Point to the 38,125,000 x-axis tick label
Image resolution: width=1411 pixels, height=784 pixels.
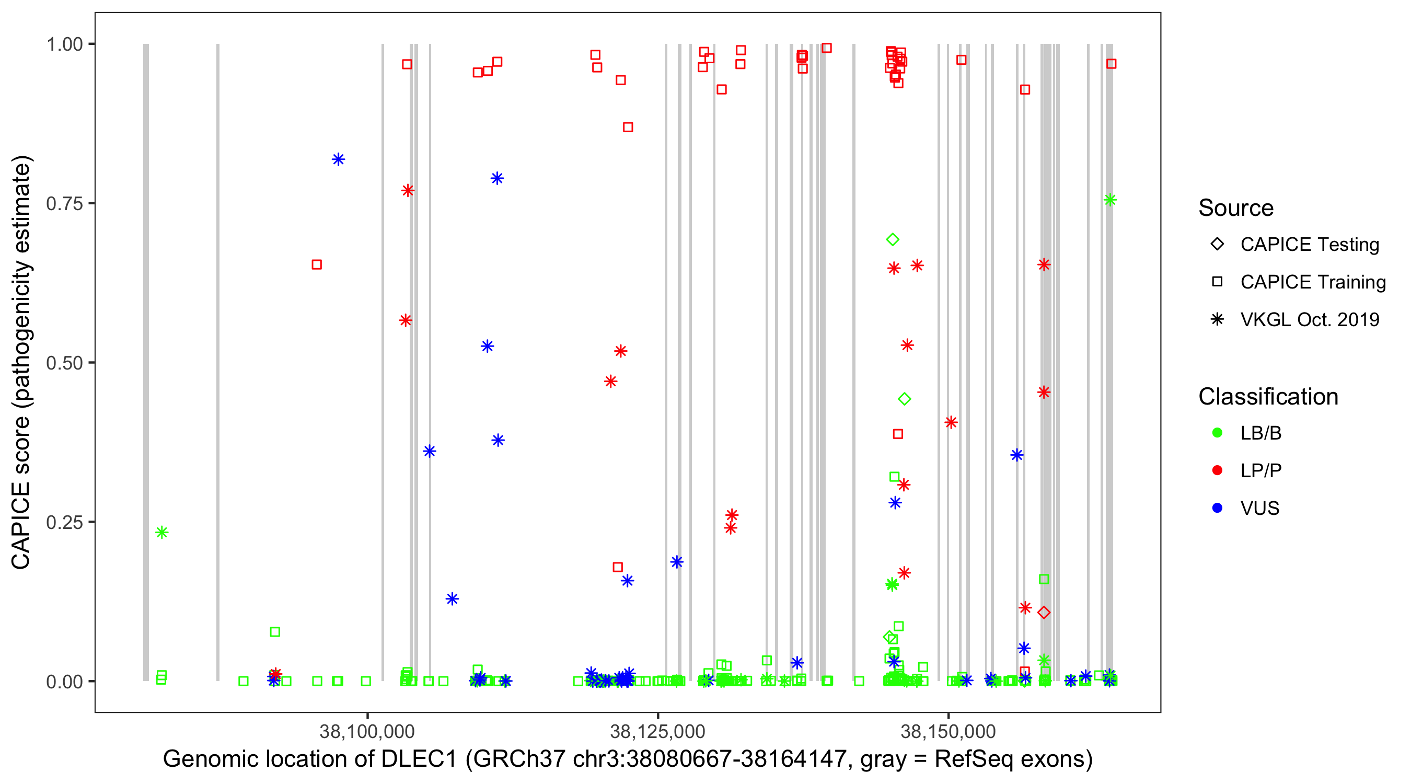[x=657, y=731]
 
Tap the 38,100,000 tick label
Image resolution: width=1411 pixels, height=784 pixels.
[x=367, y=731]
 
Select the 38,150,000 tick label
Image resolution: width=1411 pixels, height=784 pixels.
[x=948, y=731]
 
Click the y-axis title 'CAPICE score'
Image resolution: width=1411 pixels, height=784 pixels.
[x=22, y=362]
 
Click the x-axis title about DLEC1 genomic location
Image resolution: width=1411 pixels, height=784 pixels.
[x=628, y=759]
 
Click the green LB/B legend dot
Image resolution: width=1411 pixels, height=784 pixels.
[x=1217, y=433]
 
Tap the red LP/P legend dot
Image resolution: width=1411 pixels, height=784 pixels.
[x=1217, y=470]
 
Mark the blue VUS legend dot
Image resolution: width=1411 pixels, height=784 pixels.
[x=1217, y=509]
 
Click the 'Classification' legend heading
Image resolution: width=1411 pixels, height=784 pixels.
[x=1268, y=397]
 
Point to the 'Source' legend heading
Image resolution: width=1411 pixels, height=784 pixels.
[x=1236, y=208]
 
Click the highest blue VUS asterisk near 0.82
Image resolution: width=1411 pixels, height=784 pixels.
[x=339, y=159]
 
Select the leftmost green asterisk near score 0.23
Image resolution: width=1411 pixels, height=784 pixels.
[x=161, y=533]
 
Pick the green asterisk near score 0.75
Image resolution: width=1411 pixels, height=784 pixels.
[x=1111, y=200]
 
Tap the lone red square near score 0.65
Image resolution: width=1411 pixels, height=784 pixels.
[x=317, y=264]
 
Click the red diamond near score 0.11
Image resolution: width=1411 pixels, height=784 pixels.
[x=1044, y=613]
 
